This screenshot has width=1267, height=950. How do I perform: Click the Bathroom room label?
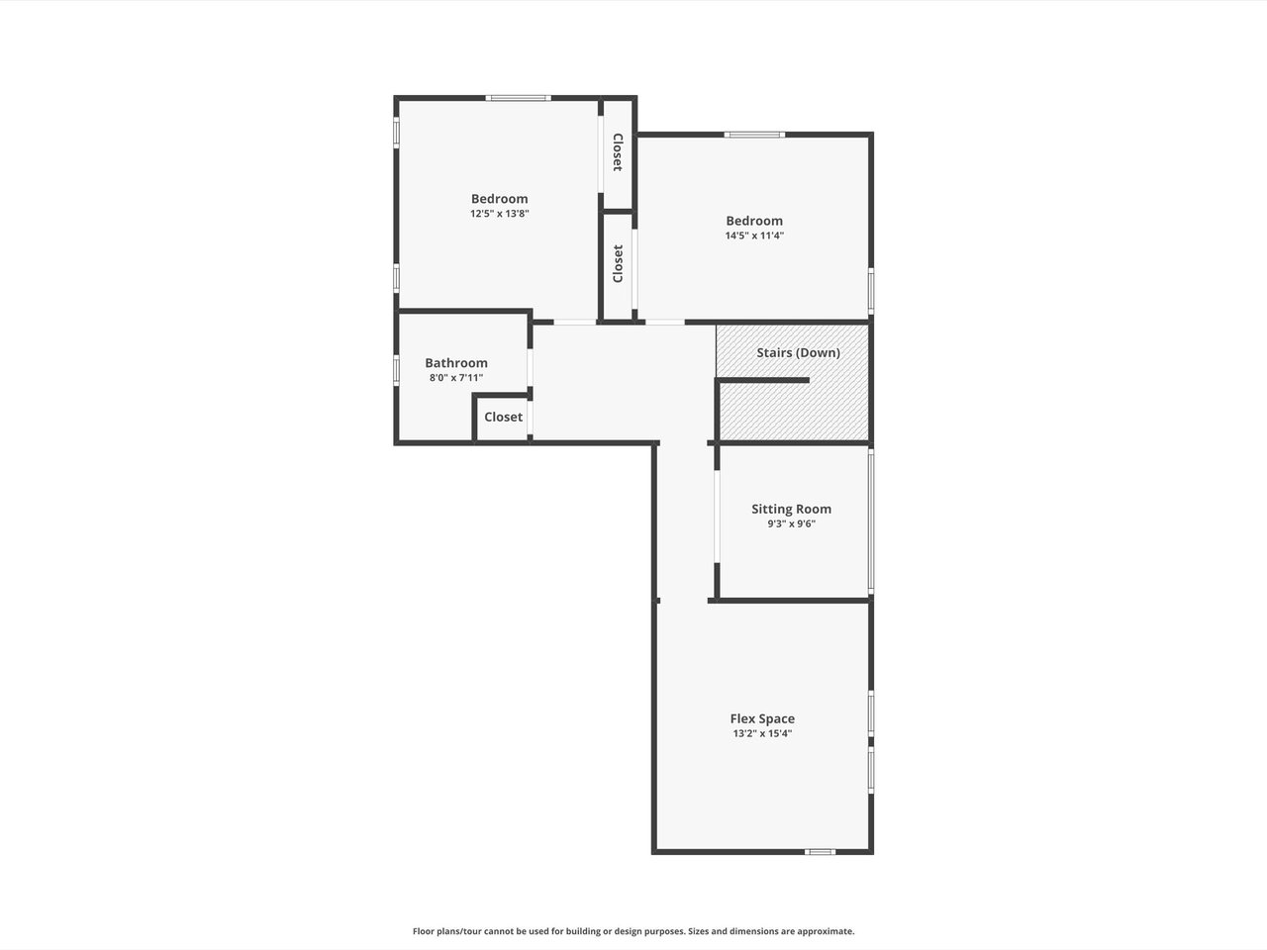[x=456, y=363]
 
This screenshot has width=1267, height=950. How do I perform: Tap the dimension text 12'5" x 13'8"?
[x=499, y=214]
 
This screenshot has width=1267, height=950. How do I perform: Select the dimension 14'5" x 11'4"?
[x=754, y=236]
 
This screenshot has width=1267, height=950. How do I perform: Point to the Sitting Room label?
[x=791, y=509]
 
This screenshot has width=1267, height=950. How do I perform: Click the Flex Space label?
[x=762, y=718]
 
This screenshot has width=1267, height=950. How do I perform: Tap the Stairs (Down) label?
[x=798, y=352]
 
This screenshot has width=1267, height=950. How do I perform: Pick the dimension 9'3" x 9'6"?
[x=791, y=523]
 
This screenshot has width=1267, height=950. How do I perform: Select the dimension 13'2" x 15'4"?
[x=762, y=733]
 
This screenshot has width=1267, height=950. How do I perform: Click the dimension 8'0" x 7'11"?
[x=456, y=378]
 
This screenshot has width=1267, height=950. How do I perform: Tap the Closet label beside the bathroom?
[x=504, y=417]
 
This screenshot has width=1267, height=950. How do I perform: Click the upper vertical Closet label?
[x=618, y=152]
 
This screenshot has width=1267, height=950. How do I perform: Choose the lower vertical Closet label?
[x=618, y=263]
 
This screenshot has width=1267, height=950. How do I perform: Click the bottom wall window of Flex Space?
[x=821, y=851]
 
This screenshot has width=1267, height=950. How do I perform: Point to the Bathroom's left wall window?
[x=397, y=370]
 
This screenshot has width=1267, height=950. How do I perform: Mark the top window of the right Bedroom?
[x=754, y=135]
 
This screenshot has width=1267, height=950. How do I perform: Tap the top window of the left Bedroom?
[x=518, y=98]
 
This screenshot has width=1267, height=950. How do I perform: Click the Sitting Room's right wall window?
[x=871, y=521]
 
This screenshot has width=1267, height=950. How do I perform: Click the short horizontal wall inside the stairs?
[x=762, y=380]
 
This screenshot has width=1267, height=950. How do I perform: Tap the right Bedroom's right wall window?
[x=871, y=291]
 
